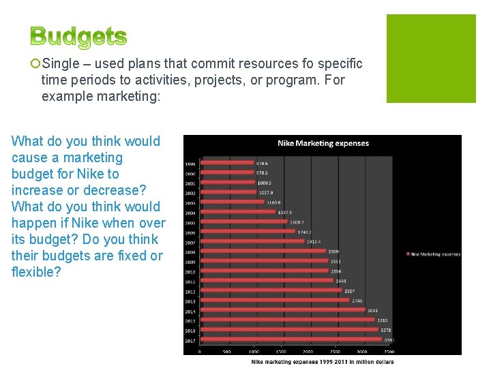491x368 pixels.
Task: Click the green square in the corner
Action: coord(431,59)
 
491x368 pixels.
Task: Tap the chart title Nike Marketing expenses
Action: coord(323,143)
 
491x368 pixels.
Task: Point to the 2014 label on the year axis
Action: coord(190,310)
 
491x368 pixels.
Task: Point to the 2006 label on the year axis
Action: coord(190,232)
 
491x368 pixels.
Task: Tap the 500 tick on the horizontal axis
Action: coord(226,352)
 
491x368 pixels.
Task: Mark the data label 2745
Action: coord(357,300)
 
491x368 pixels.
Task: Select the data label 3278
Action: coord(385,329)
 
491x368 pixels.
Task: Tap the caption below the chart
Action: coord(323,361)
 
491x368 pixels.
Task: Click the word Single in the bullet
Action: coord(60,64)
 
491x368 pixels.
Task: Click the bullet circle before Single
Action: coord(35,64)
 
